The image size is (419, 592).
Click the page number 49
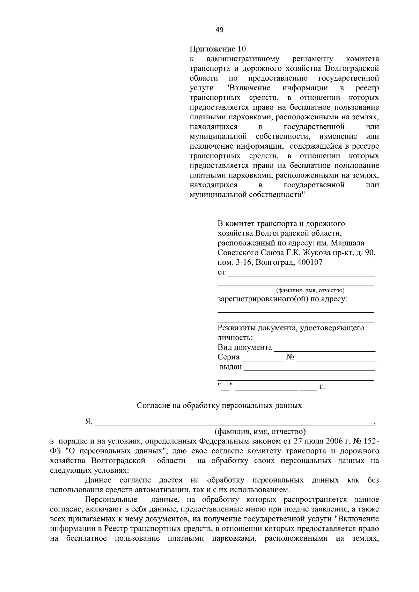219,30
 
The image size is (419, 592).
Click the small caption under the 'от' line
310,290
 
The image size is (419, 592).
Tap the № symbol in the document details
290,357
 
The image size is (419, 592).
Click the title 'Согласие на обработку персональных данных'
219,406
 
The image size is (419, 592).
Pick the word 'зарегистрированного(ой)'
262,299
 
